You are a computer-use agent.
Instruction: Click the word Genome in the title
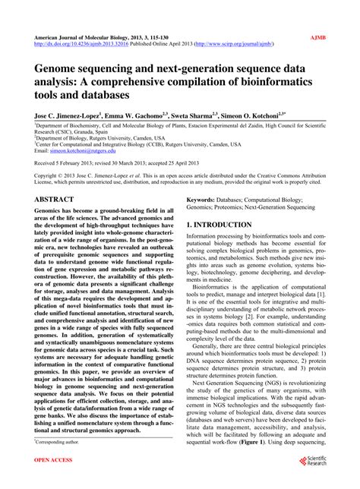(57, 69)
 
